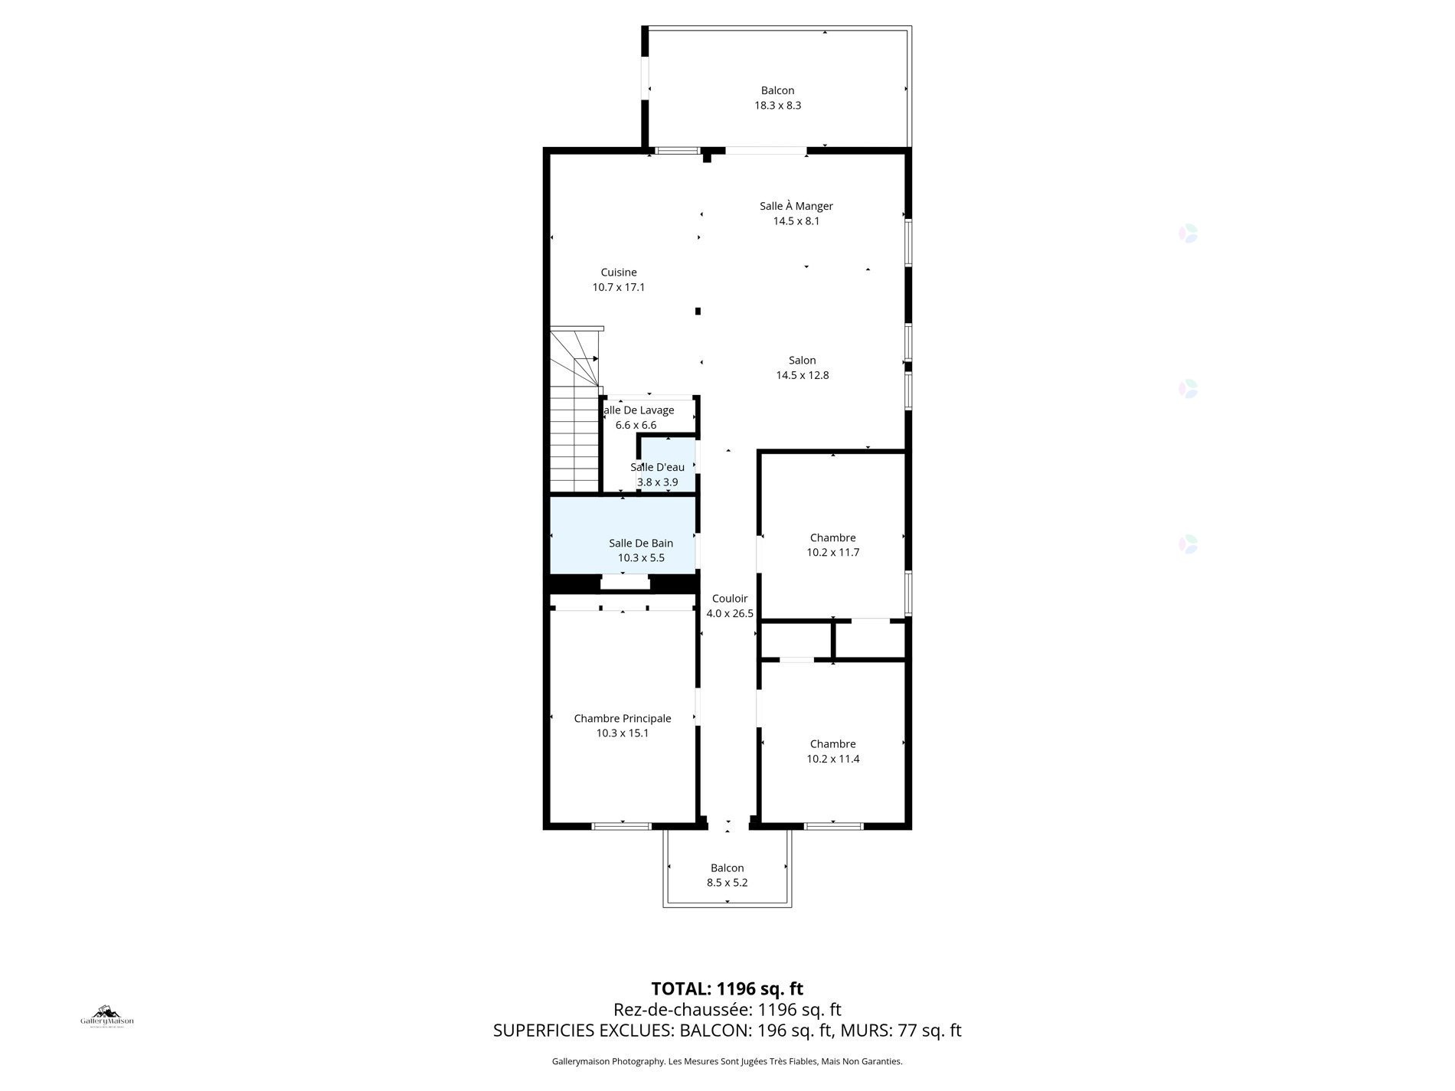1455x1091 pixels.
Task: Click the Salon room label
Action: click(x=802, y=360)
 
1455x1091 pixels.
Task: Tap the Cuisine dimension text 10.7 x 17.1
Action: click(x=618, y=287)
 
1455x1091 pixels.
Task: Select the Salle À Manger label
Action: click(x=796, y=206)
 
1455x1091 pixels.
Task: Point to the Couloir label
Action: click(x=729, y=599)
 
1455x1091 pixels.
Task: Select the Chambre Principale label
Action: click(x=622, y=718)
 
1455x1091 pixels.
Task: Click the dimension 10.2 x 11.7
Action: click(x=832, y=552)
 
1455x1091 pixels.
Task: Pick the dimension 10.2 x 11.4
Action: click(x=832, y=759)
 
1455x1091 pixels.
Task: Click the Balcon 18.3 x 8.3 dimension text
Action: click(x=777, y=106)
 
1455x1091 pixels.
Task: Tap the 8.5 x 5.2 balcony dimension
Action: click(x=727, y=883)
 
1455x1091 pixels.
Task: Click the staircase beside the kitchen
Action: click(x=573, y=429)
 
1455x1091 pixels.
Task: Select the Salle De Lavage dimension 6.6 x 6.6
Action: click(x=636, y=425)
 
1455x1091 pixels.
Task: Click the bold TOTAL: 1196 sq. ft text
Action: click(x=727, y=988)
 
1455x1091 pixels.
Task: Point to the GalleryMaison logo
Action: click(x=107, y=1017)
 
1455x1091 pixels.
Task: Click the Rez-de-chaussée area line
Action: click(x=727, y=1010)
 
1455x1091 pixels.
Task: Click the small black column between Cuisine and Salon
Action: click(x=698, y=311)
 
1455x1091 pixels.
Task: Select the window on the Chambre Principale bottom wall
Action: click(x=621, y=826)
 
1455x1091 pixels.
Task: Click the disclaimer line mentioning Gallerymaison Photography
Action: click(x=727, y=1061)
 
